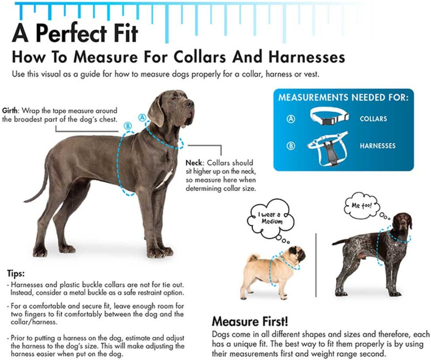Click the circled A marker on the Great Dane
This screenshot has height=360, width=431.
(142, 117)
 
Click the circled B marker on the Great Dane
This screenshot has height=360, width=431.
(127, 126)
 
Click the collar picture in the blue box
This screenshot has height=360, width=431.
(329, 116)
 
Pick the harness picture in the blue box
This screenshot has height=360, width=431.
(327, 148)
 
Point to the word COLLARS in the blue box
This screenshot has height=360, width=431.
(373, 119)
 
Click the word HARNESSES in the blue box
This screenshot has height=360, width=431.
(377, 146)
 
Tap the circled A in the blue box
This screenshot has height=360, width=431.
(291, 119)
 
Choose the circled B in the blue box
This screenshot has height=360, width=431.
(291, 146)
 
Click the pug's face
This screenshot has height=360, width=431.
(297, 254)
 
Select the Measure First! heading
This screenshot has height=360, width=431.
(250, 320)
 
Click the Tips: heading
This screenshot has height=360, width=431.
(16, 273)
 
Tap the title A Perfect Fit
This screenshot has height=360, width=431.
(75, 33)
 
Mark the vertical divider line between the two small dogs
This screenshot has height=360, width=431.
(316, 264)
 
